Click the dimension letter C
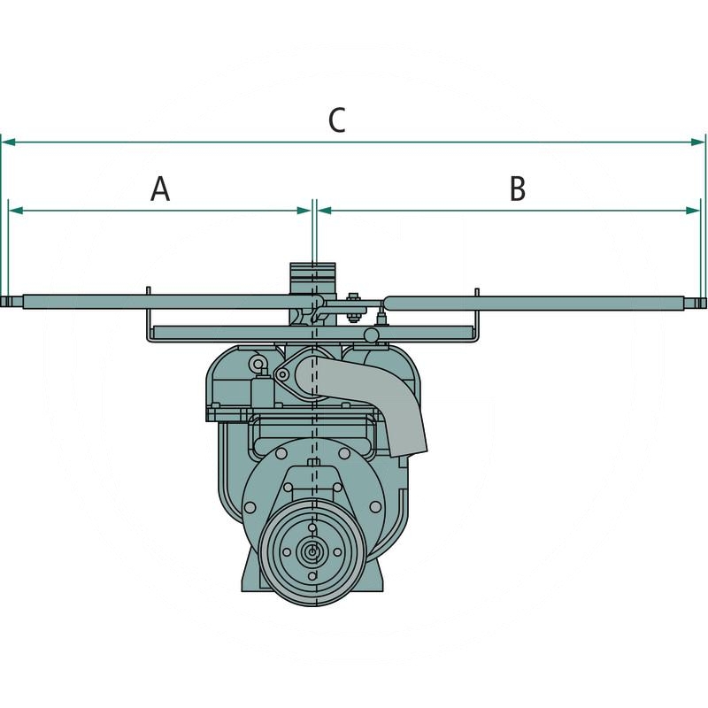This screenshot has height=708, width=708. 337,120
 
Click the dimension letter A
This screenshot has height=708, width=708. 160,189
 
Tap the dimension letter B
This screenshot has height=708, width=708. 518,189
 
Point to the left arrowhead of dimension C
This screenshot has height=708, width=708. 9,142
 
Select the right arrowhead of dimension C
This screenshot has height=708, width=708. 698,142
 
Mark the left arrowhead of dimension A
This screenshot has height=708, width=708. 16,211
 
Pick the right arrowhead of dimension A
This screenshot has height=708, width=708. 304,211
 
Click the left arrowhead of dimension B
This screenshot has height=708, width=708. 325,211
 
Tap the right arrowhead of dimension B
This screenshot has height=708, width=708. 693,211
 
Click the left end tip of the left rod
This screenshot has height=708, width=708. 2,302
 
